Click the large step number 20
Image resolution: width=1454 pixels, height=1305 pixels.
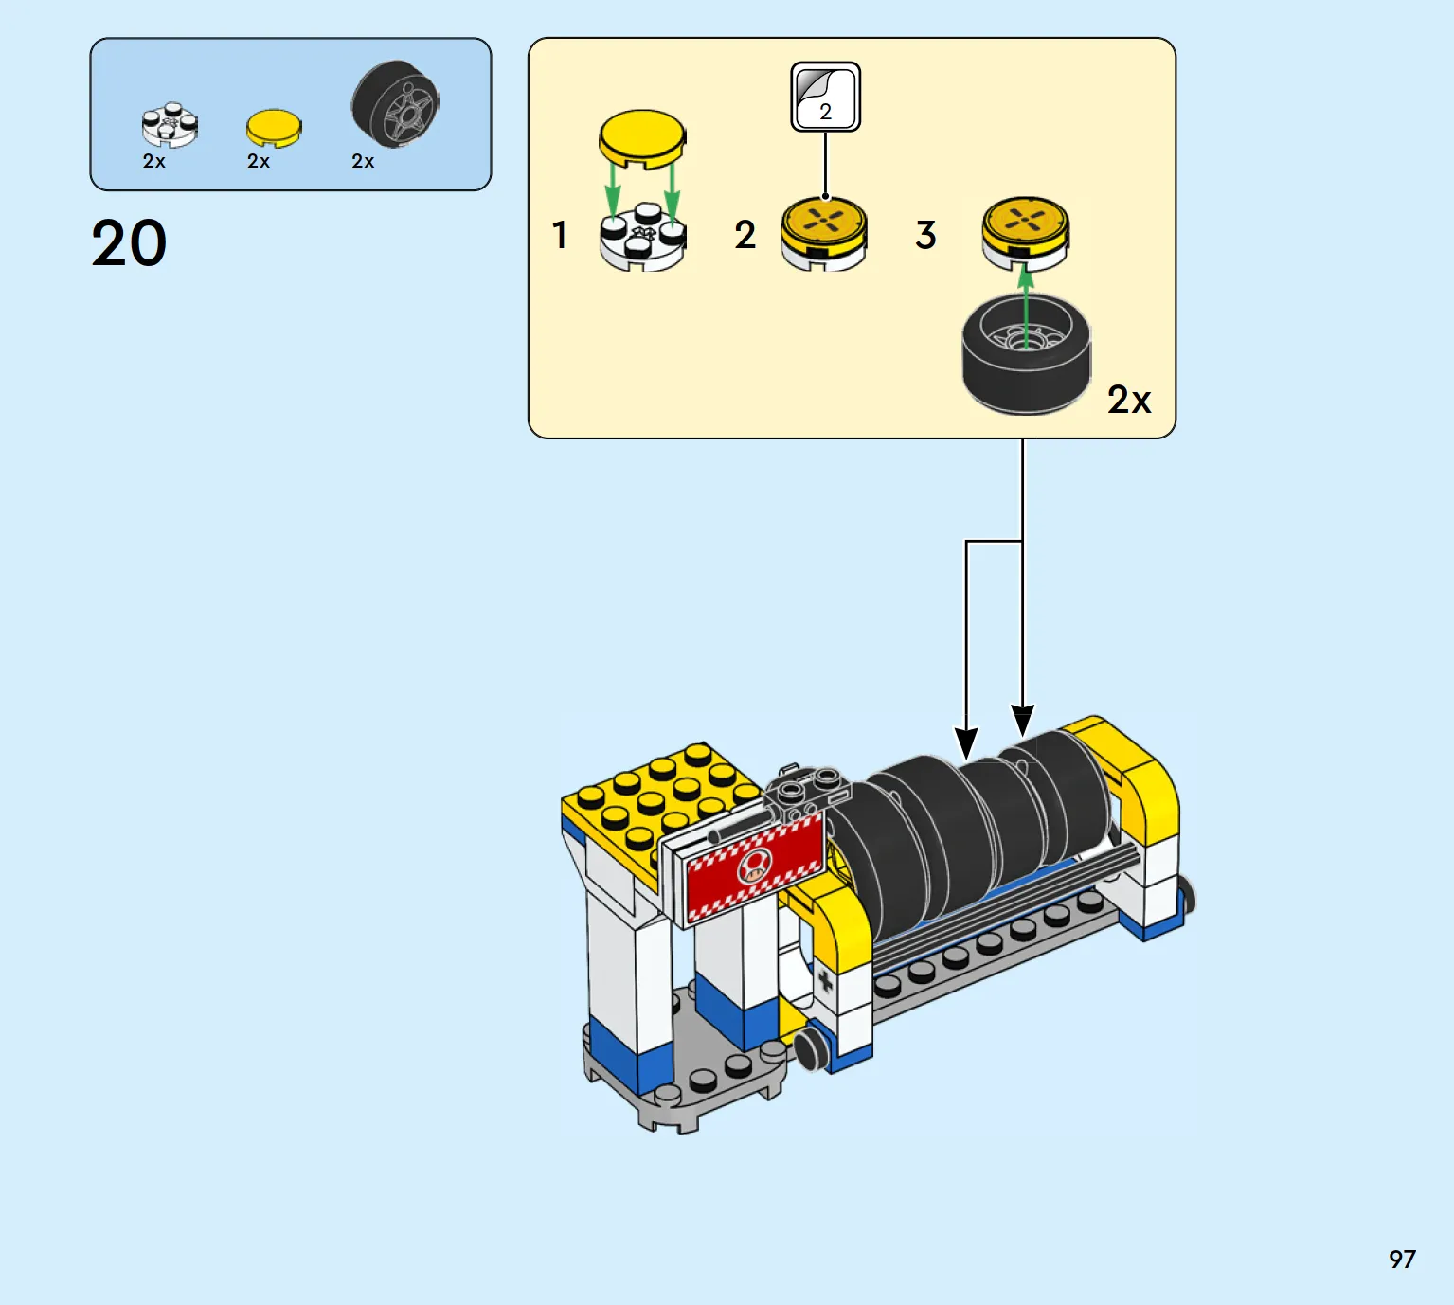point(129,243)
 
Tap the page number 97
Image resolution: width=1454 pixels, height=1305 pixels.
point(1402,1260)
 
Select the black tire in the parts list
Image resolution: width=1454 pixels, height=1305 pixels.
point(395,104)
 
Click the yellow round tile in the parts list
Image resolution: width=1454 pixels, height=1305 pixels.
point(274,129)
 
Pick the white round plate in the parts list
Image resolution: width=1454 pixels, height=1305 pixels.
point(170,124)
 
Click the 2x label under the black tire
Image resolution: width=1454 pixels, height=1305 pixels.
point(363,161)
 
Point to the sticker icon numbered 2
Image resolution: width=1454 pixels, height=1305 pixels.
point(825,97)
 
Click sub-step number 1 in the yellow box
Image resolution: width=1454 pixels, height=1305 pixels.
point(560,235)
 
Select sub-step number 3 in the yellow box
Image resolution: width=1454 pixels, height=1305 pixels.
point(925,235)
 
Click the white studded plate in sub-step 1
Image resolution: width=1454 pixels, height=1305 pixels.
point(642,236)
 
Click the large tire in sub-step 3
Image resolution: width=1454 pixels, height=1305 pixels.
point(1026,353)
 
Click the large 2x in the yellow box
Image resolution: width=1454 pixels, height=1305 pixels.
point(1129,400)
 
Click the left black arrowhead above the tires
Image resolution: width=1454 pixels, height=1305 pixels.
point(966,743)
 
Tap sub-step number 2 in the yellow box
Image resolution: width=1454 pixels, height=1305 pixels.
point(745,235)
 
